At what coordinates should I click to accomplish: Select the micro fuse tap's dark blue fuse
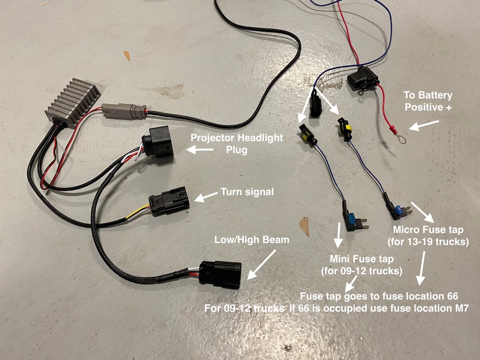[x=398, y=208]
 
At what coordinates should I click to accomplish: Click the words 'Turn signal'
[x=247, y=192]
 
